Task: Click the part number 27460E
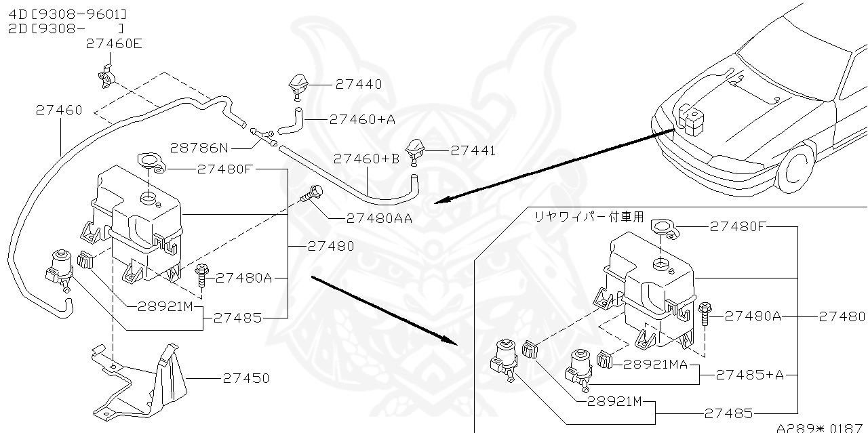[115, 44]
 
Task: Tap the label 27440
[359, 85]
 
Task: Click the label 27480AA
[378, 218]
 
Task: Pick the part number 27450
[245, 378]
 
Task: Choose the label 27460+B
[367, 159]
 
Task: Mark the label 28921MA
[656, 364]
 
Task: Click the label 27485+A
[749, 375]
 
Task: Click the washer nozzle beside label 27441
[415, 148]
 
